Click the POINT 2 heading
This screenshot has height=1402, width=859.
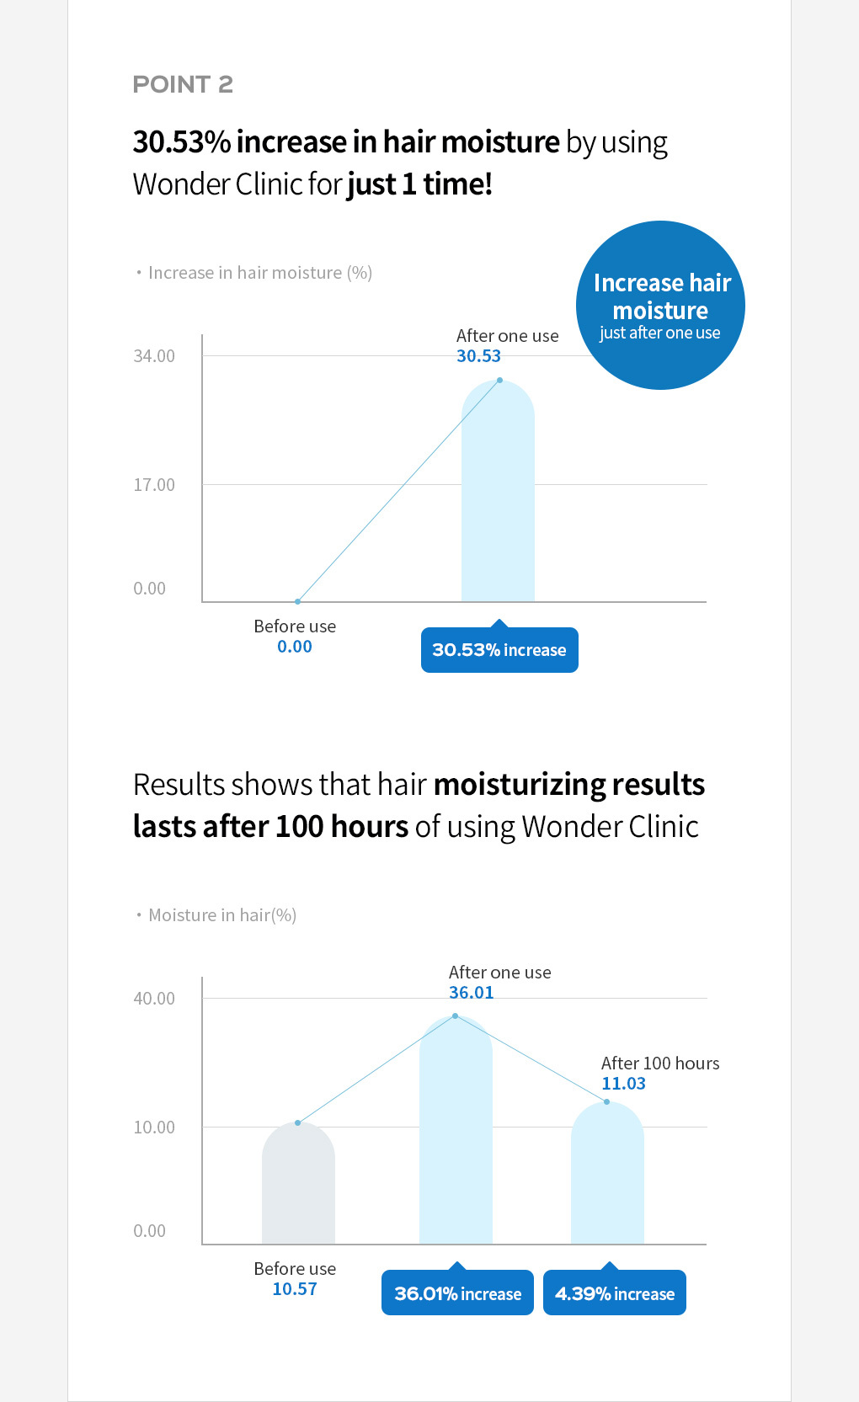[183, 84]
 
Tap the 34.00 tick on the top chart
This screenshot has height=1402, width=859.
[154, 356]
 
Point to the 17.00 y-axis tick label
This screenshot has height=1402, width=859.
[154, 485]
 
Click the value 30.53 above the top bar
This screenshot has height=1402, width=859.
[478, 356]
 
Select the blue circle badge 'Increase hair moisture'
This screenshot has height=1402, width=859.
[660, 306]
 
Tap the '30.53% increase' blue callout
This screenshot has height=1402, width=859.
[499, 650]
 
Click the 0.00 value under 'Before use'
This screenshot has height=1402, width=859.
[295, 647]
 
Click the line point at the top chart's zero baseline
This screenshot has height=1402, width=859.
[298, 601]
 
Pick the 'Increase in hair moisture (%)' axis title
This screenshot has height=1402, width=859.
[259, 273]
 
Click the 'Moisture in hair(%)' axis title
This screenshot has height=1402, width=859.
[221, 915]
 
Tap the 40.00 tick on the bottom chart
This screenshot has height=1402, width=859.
[154, 999]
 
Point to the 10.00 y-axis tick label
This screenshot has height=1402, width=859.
[154, 1127]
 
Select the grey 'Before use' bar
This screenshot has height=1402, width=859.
[298, 1187]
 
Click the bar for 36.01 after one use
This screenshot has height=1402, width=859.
[456, 1137]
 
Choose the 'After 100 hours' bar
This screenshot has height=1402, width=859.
[607, 1179]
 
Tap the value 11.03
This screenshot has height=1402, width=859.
[623, 1084]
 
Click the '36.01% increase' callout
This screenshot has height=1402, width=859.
[457, 1293]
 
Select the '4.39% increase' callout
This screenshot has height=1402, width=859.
[615, 1293]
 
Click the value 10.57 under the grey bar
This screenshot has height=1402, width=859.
[295, 1289]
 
